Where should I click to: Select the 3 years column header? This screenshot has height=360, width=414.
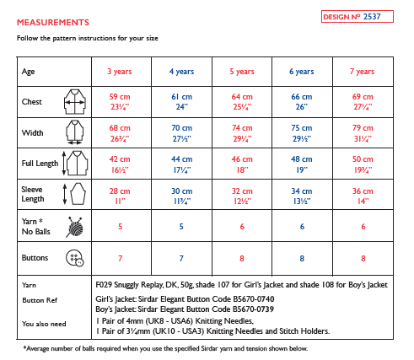coord(120,72)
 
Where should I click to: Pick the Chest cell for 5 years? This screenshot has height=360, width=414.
coord(243,102)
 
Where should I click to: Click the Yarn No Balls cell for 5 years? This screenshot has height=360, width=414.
coord(243,227)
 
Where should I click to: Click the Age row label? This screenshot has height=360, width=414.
coord(29,72)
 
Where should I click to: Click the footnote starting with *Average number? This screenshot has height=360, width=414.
coord(164,347)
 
